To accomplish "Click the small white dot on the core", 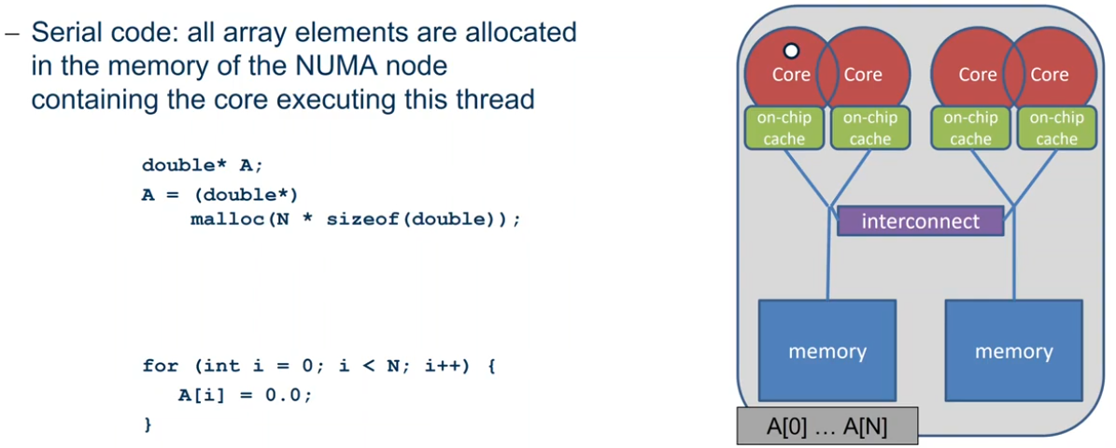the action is (791, 51).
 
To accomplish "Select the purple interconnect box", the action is (920, 220).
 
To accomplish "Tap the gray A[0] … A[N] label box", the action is (827, 427).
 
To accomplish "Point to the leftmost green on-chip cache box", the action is (783, 128).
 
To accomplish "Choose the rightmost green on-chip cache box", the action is (1056, 128).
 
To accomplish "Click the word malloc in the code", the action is (220, 219).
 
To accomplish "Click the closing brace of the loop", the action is (148, 425).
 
